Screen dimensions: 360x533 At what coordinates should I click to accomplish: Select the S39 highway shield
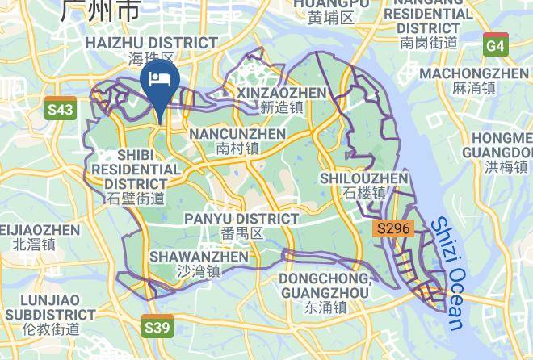click(157, 327)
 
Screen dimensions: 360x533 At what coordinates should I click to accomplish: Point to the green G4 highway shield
click(496, 45)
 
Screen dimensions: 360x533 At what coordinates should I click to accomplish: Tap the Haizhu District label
click(152, 43)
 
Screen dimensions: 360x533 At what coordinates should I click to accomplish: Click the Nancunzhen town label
click(237, 133)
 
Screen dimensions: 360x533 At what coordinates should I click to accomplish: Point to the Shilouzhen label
click(364, 178)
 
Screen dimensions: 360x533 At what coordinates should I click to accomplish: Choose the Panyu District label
click(241, 219)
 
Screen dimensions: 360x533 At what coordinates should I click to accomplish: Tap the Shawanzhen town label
click(199, 257)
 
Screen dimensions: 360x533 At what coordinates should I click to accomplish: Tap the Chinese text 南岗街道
click(429, 42)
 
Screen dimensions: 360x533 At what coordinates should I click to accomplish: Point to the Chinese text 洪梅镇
click(506, 167)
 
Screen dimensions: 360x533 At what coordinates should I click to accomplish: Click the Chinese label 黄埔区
click(331, 17)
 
